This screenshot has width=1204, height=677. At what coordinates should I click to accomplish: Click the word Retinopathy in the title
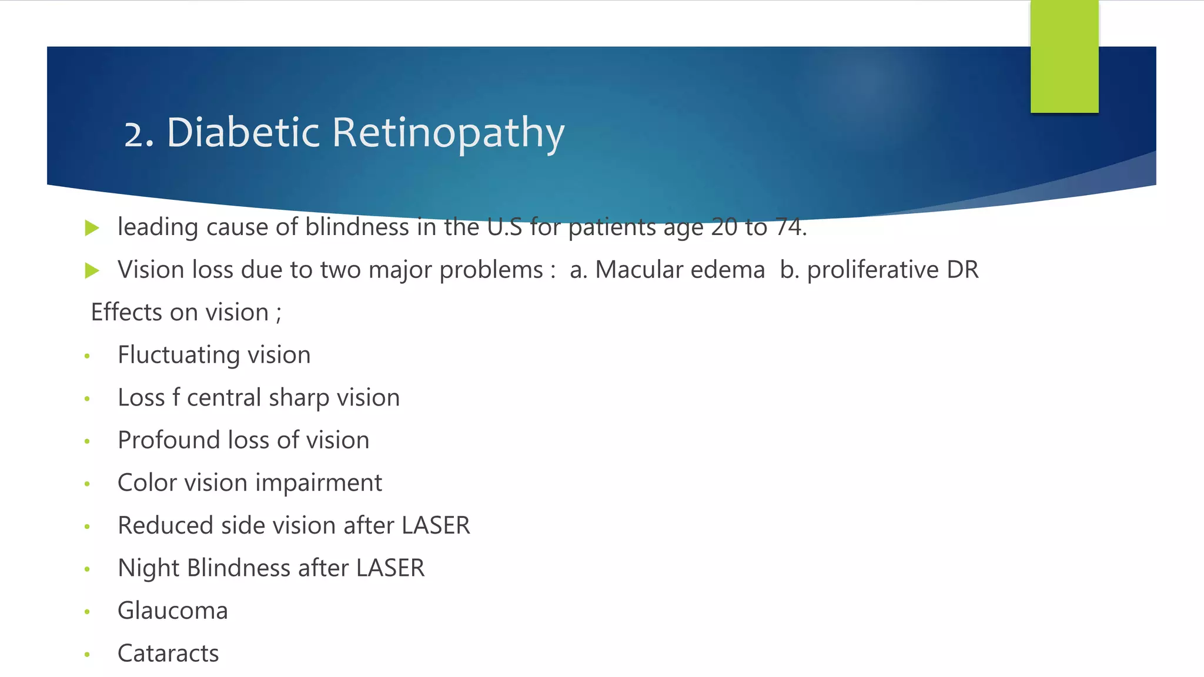[448, 133]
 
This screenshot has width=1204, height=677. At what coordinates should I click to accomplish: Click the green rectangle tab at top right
[1064, 56]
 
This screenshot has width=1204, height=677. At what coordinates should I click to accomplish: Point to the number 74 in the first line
[789, 227]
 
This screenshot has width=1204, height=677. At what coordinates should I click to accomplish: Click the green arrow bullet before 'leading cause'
[92, 228]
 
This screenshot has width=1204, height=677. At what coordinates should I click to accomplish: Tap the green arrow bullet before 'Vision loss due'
[92, 271]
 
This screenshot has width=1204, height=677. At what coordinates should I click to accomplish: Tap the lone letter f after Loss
[176, 398]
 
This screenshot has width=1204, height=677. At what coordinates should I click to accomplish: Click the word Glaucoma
[172, 611]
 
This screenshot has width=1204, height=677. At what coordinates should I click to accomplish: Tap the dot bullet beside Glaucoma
[87, 612]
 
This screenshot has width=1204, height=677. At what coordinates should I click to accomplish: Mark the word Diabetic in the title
[243, 133]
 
